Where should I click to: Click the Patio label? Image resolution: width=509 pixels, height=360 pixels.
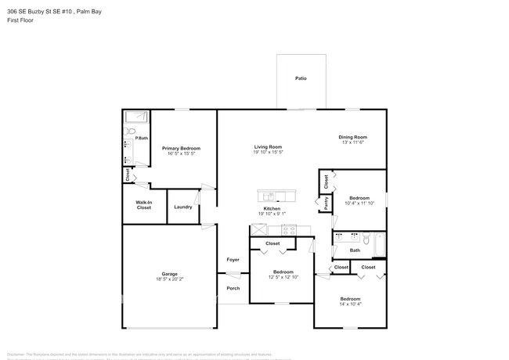pyautogui.click(x=300, y=79)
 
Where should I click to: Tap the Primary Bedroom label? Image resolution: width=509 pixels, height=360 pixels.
pyautogui.click(x=181, y=148)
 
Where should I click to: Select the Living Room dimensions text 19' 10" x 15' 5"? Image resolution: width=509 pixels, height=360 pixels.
pyautogui.click(x=268, y=153)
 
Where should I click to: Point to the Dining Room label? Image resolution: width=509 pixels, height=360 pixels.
pyautogui.click(x=352, y=137)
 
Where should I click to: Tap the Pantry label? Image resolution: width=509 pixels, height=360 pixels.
pyautogui.click(x=326, y=203)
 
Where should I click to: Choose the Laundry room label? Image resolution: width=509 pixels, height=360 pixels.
pyautogui.click(x=183, y=207)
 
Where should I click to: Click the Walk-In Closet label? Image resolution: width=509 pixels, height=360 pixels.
pyautogui.click(x=143, y=206)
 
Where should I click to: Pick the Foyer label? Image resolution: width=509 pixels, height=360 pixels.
pyautogui.click(x=233, y=259)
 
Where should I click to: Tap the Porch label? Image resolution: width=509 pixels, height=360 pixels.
pyautogui.click(x=233, y=288)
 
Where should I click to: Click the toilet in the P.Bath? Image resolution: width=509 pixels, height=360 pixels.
pyautogui.click(x=132, y=131)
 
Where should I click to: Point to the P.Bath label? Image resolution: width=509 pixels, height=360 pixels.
pyautogui.click(x=142, y=139)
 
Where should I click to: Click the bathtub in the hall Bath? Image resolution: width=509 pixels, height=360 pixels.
pyautogui.click(x=379, y=246)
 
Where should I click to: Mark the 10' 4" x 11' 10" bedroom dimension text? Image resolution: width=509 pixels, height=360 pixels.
pyautogui.click(x=359, y=203)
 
